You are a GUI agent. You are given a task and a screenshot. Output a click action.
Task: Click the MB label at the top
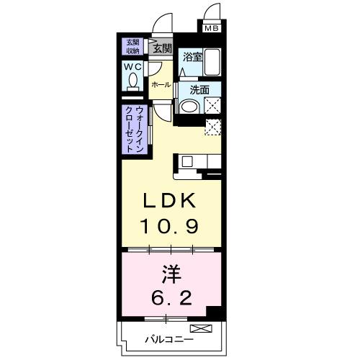[211, 29]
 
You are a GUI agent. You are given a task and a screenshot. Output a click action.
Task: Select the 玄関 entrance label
[162, 48]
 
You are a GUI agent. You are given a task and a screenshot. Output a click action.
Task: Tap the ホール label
[161, 85]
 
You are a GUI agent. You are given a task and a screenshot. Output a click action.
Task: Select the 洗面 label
[199, 90]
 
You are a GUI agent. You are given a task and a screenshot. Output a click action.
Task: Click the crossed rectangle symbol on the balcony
[206, 329]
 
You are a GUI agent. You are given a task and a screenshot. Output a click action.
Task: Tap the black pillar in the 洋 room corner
[214, 311]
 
